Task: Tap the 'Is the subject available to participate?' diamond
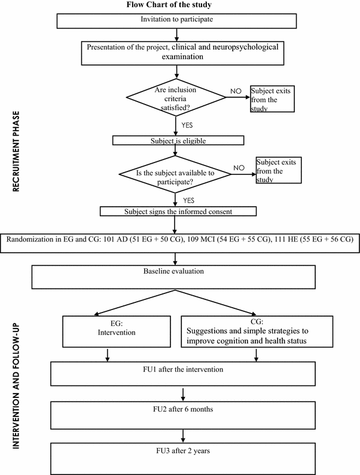point(175,175)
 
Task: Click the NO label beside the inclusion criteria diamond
point(237,91)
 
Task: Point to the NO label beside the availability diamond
point(238,168)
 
